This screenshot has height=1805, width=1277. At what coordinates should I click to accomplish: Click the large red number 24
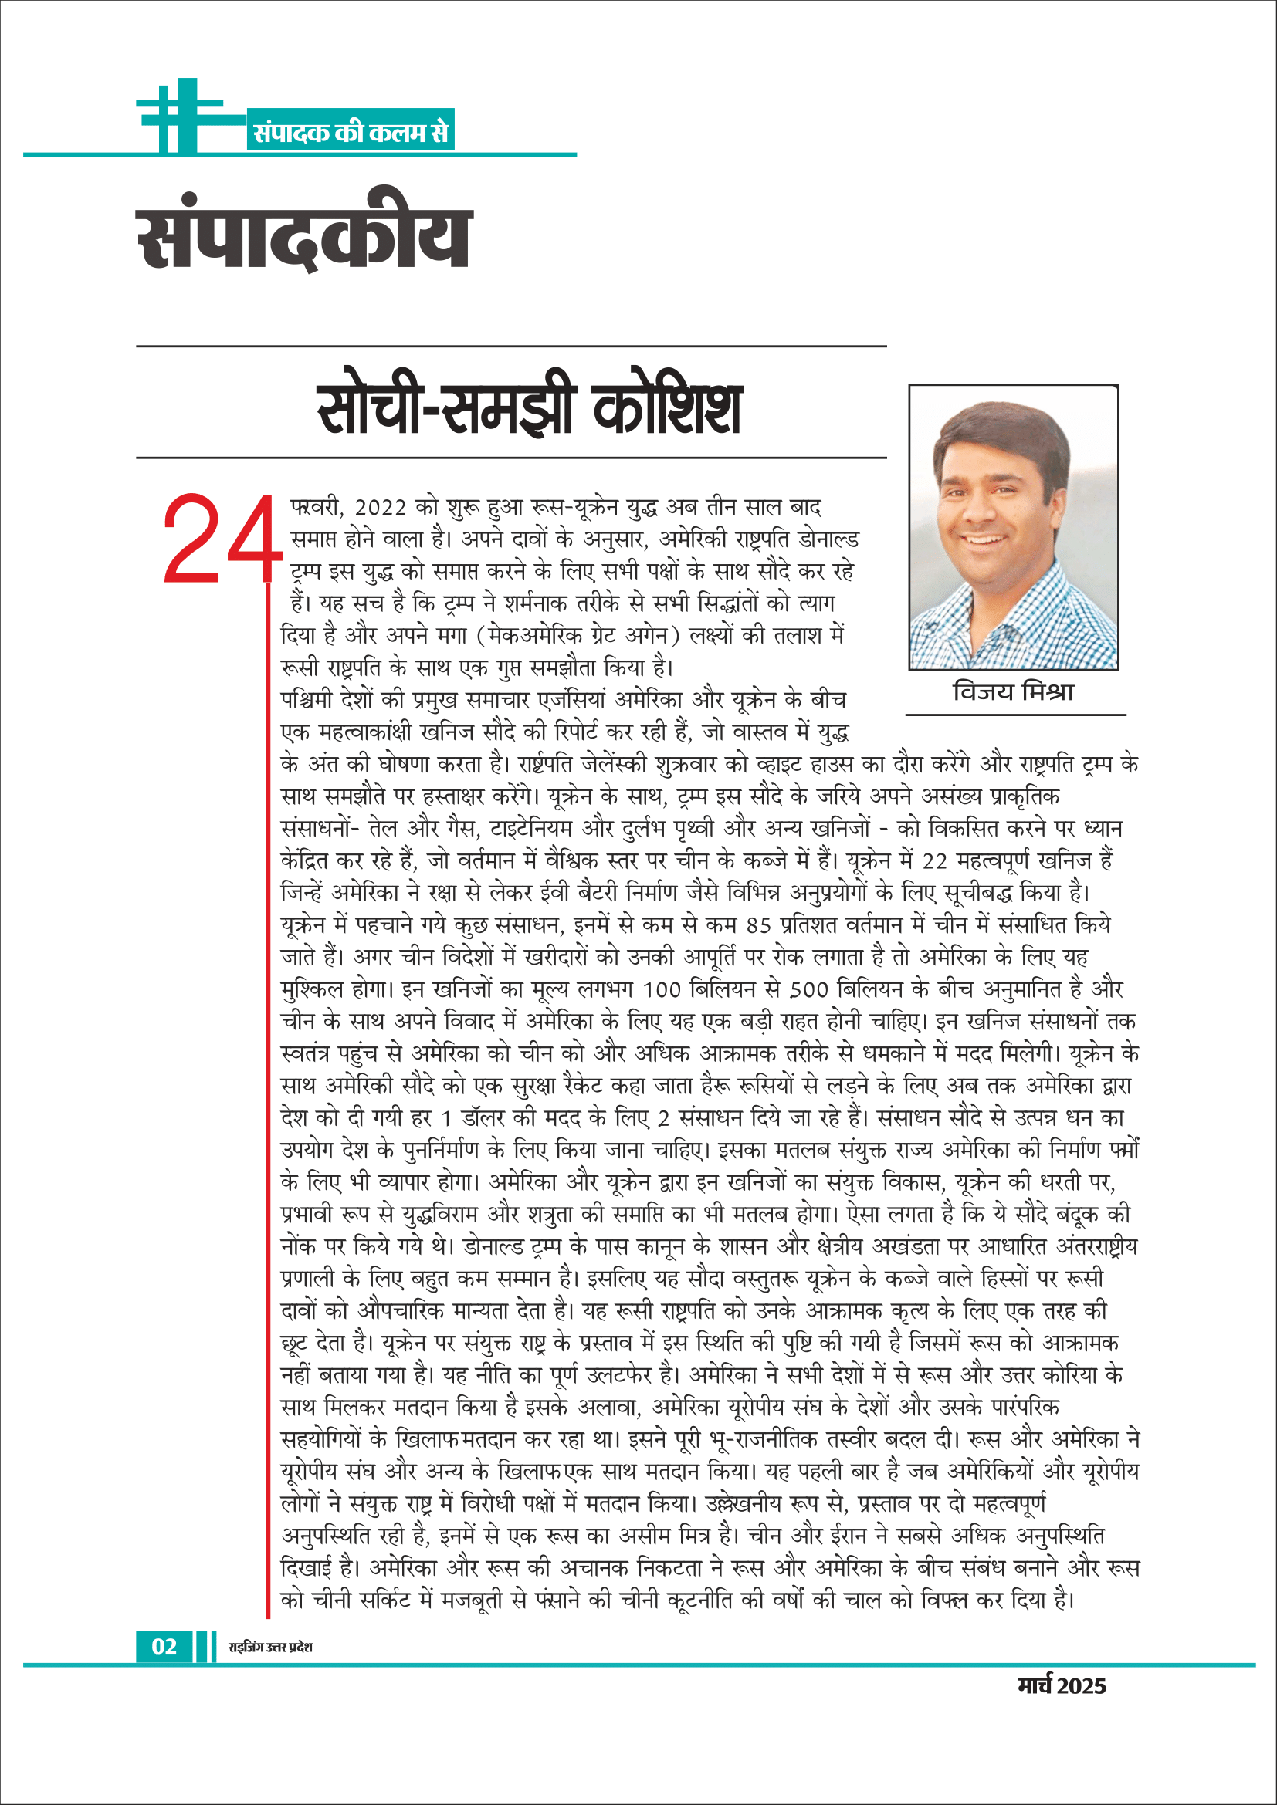coord(222,539)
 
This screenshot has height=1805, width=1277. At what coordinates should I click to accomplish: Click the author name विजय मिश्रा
coord(1013,692)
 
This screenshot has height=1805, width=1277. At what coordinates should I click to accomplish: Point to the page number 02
coord(164,1646)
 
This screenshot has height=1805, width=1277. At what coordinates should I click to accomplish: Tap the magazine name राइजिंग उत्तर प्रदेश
coord(269,1647)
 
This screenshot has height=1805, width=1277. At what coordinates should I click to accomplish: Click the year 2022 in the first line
coord(381,508)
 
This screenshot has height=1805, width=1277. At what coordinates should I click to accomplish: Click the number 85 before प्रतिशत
coord(759,925)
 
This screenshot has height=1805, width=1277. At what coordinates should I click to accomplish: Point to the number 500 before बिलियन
coord(810,989)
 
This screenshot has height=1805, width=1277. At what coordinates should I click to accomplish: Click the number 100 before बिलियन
coord(662,989)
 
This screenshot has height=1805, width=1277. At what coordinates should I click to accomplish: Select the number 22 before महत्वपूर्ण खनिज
coord(935,861)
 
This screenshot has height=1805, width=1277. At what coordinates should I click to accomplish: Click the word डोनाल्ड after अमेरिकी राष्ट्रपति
coord(828,540)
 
